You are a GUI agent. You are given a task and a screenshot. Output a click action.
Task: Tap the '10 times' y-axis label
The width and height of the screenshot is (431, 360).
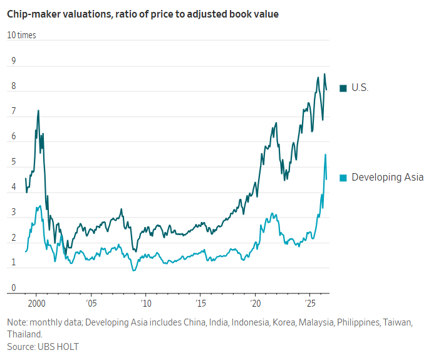[21, 35]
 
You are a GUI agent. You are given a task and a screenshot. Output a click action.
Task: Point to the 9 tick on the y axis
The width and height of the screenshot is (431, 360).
[14, 61]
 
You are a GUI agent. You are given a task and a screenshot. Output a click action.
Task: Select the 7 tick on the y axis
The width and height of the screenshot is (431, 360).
[14, 111]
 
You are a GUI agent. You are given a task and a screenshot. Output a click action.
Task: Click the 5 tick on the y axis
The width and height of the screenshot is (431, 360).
[14, 162]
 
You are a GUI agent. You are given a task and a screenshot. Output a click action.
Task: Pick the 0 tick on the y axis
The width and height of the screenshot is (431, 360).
[14, 288]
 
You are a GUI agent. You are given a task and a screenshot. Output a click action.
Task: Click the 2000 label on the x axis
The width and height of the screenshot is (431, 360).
[36, 304]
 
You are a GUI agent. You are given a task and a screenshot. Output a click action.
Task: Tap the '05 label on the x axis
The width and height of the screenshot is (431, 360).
[91, 304]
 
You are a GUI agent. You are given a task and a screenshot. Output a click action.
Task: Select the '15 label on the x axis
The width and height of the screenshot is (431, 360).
[200, 304]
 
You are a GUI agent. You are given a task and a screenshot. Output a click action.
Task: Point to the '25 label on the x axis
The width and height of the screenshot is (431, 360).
[310, 304]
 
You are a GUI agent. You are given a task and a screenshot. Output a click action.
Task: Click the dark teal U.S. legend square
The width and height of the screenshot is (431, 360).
[343, 88]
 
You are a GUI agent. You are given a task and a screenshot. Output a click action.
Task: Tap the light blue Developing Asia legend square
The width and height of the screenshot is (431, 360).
[343, 177]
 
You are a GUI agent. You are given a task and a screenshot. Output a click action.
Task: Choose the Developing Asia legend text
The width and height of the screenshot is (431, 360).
[388, 177]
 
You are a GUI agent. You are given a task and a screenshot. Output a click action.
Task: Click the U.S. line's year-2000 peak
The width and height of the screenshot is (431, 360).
[38, 110]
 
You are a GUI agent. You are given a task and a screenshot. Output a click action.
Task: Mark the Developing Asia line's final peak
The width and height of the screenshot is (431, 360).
[326, 154]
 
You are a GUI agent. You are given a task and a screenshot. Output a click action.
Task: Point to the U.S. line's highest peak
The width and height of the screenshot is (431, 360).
[325, 74]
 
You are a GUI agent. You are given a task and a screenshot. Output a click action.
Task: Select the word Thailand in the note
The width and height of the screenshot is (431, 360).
[24, 334]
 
